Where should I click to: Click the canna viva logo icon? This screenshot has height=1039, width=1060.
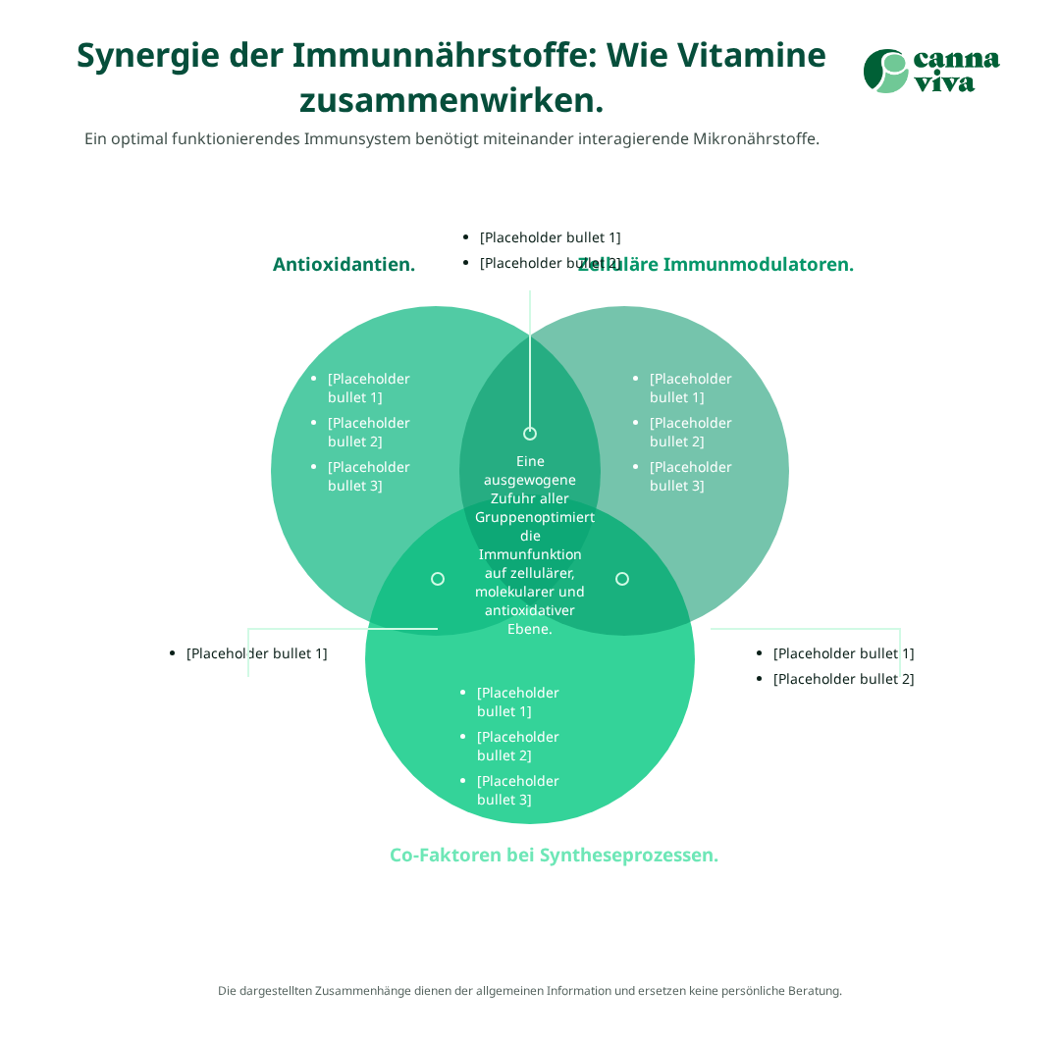(x=885, y=72)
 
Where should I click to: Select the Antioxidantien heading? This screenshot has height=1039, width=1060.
(x=344, y=265)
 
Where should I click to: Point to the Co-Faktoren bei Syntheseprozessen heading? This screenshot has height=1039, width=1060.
(x=555, y=856)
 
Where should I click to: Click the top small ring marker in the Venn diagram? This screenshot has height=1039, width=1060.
(x=530, y=434)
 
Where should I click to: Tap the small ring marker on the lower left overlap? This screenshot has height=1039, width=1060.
(x=438, y=579)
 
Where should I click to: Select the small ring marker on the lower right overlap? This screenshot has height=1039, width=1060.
(x=622, y=579)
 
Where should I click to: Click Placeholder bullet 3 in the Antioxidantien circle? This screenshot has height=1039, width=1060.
(x=368, y=477)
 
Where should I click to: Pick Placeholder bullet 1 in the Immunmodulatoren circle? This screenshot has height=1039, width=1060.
(x=690, y=389)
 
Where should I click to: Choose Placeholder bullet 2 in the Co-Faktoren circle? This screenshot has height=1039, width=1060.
(x=517, y=747)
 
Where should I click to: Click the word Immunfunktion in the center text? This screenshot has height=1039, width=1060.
(x=530, y=555)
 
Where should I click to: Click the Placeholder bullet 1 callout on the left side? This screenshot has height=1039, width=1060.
(x=256, y=653)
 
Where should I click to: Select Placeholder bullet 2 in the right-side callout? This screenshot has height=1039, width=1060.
(x=843, y=679)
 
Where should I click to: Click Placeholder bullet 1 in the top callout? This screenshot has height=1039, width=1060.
(x=550, y=237)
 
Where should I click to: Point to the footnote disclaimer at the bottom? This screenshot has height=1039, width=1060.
(x=530, y=991)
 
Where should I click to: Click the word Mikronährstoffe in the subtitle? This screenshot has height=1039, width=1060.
(x=756, y=139)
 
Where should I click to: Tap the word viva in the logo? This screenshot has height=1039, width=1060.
(x=944, y=82)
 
